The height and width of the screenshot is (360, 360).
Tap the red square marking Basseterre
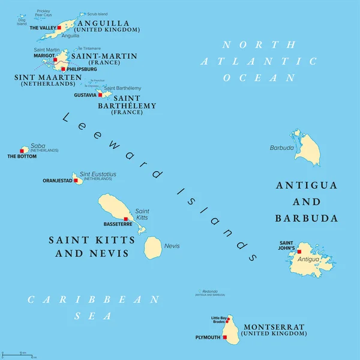click(x=125, y=218)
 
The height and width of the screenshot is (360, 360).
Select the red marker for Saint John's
click(x=299, y=251)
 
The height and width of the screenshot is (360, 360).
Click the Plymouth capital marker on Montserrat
click(x=225, y=338)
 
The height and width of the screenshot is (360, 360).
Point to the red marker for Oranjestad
click(x=76, y=180)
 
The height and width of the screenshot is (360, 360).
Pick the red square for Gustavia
click(x=92, y=95)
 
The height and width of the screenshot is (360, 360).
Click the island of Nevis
click(x=153, y=247)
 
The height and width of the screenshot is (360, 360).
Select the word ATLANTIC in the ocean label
click(x=259, y=61)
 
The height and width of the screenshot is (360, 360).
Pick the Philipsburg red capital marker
click(x=64, y=68)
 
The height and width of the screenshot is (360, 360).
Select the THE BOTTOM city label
click(x=22, y=156)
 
